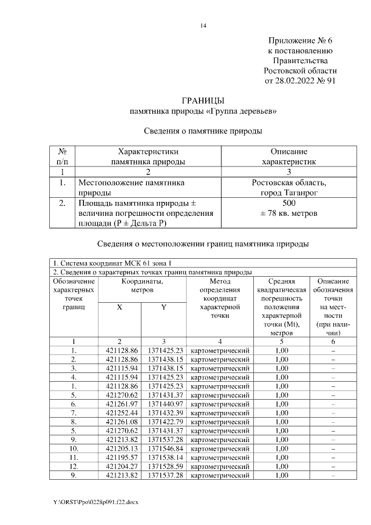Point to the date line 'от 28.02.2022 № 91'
coord(300,81)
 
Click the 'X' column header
coord(119,308)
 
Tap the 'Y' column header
coord(163,308)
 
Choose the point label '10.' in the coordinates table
coord(74,448)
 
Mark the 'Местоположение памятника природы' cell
coord(132,187)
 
